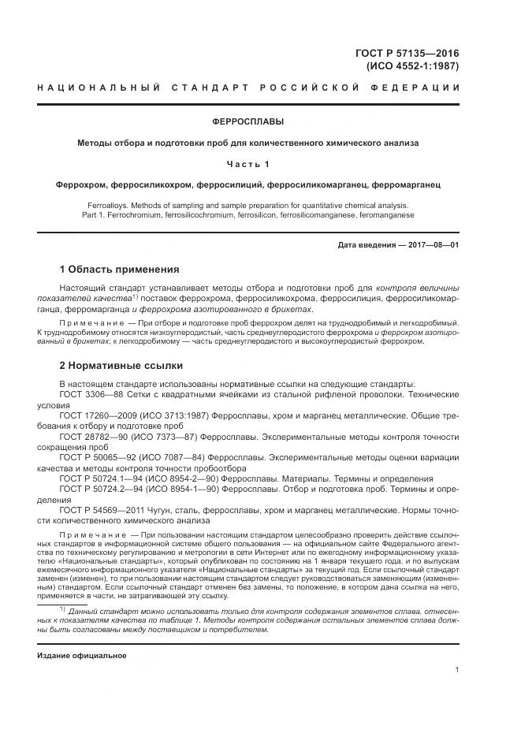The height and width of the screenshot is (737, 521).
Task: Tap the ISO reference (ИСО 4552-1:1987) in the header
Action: coord(413,66)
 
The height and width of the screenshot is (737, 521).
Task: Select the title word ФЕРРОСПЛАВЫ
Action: coord(248,122)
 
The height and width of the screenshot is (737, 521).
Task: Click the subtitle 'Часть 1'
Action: coord(248,164)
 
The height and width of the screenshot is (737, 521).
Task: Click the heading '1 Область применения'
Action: coord(119,270)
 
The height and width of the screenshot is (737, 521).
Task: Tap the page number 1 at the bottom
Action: coord(456,670)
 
